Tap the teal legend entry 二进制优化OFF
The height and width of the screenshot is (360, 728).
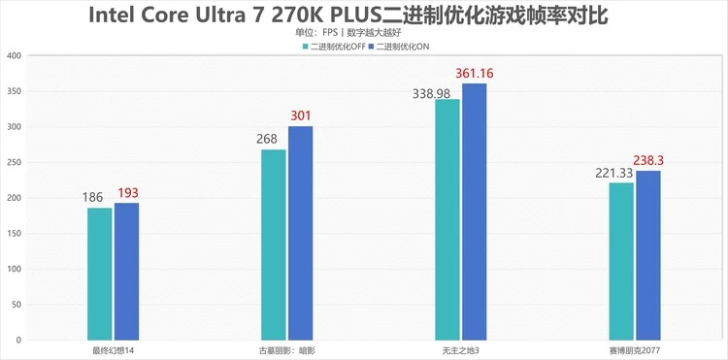(334, 47)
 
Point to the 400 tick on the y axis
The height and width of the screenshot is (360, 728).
(14, 55)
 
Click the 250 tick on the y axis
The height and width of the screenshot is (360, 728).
(14, 163)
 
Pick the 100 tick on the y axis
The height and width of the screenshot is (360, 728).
(14, 270)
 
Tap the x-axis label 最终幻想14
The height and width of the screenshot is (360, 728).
(113, 349)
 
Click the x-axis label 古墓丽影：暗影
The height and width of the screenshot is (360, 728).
(286, 349)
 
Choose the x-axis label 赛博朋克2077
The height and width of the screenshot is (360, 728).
(634, 349)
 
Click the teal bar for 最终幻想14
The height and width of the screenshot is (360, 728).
(99, 275)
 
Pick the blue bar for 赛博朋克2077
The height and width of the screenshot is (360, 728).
(648, 256)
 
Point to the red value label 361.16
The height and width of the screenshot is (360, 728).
(476, 74)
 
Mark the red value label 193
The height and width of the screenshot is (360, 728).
(128, 193)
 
